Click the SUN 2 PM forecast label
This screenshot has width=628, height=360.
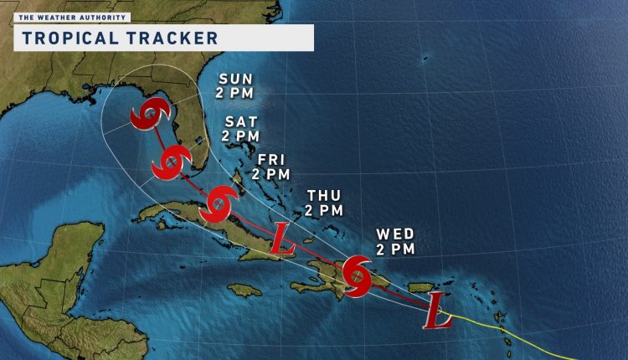(x=237, y=86)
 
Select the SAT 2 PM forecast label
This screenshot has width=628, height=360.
(x=239, y=127)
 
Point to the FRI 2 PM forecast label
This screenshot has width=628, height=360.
(x=270, y=167)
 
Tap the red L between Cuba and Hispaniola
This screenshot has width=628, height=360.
(x=283, y=239)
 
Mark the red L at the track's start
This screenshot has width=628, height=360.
(x=435, y=310)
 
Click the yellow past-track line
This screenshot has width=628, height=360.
(x=519, y=331)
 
